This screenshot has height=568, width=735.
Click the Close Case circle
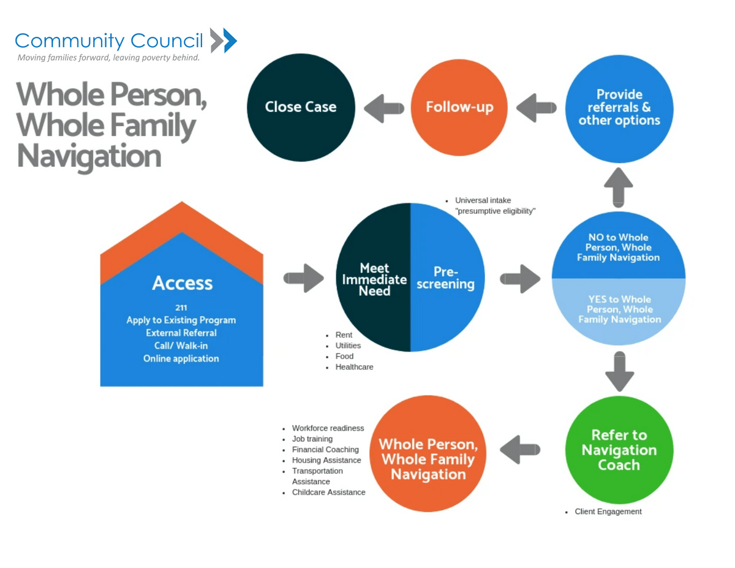point(300,107)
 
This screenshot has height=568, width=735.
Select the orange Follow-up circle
point(459,107)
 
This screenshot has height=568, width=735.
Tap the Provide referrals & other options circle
point(619,108)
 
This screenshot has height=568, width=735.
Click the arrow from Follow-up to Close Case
point(384,108)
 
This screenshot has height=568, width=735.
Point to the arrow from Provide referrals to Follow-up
point(537,108)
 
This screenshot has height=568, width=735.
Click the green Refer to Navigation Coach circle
point(619,450)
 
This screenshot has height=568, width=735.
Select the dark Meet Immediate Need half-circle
point(374,278)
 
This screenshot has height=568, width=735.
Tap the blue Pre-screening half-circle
point(445,278)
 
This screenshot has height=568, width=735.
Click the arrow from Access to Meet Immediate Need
point(304,279)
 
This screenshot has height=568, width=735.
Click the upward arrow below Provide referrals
point(619,187)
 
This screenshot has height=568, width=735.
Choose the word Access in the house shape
point(182,283)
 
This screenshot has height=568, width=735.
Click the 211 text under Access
point(181,308)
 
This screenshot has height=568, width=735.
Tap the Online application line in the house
point(181,358)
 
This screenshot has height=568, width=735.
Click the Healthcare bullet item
point(354,367)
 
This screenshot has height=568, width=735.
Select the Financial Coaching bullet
point(325,450)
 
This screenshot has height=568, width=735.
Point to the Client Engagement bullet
point(608,512)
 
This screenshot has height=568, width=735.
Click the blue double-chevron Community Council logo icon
point(223,40)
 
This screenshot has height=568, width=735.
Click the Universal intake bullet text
point(483,200)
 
